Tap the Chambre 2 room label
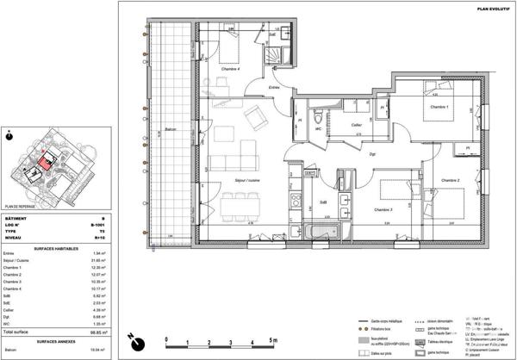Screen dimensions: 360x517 pos(449,180)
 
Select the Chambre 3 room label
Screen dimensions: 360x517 pos(383,209)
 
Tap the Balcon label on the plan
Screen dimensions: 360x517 pos(171,132)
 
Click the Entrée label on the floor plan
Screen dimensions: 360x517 pos(274,87)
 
